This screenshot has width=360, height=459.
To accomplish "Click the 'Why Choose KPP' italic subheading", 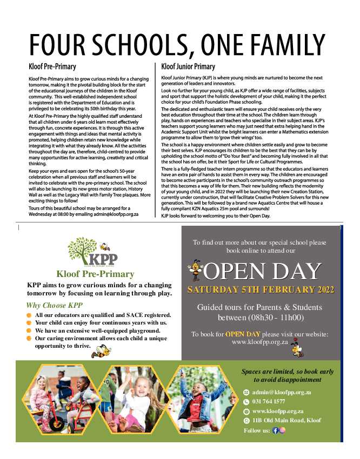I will click(54, 305).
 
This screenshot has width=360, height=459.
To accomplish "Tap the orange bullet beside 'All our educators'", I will click(29, 315).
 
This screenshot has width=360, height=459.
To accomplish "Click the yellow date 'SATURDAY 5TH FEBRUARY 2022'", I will click(261, 289).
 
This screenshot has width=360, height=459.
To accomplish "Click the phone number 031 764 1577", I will click(269, 402).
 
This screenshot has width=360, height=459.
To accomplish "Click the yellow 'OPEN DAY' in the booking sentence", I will click(243, 334).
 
